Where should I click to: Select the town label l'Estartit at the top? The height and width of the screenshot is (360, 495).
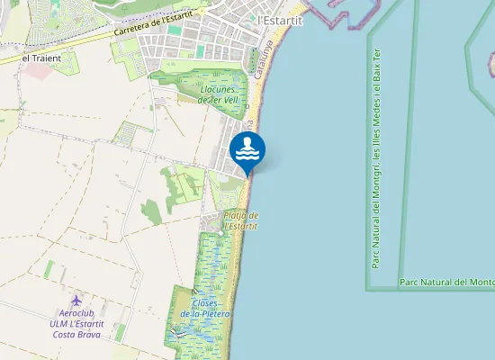click(x=281, y=20)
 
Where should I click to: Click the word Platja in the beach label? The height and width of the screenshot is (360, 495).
click(x=235, y=216)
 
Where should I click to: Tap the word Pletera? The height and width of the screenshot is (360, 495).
click(x=216, y=314)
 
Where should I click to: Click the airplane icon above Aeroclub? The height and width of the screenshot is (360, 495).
click(x=76, y=299)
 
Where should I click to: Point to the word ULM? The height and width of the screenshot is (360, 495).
click(x=60, y=323)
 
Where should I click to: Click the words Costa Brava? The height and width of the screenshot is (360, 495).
click(x=77, y=334)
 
